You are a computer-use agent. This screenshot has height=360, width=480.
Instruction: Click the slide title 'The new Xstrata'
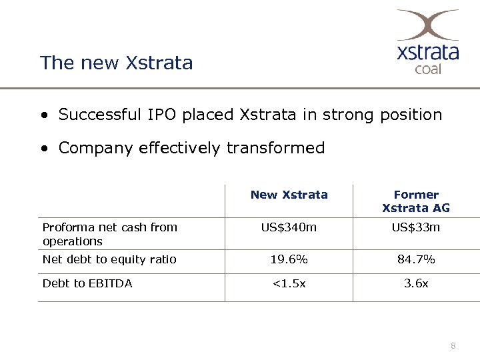coord(116,63)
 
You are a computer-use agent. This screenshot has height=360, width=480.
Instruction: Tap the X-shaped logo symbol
coord(427,25)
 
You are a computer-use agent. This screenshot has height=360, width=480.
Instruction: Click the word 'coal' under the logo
coord(428,68)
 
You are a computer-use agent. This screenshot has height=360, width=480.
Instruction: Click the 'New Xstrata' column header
coord(289,195)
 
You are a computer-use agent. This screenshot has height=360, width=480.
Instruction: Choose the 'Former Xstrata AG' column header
coord(416,201)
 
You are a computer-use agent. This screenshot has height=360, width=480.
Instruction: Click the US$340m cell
coord(289,227)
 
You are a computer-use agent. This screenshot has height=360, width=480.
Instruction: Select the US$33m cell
coord(416,227)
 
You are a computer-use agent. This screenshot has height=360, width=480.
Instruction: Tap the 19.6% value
coord(289,259)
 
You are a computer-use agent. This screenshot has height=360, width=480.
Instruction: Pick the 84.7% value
coord(416,259)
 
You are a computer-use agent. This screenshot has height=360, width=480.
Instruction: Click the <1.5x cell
coord(289,283)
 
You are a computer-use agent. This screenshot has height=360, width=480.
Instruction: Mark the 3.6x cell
coord(416,283)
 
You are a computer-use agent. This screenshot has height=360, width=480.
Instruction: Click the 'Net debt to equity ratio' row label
coord(109,259)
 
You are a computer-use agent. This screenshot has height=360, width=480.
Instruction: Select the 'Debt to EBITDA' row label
coord(87,283)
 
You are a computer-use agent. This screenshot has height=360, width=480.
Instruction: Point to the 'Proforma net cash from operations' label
coord(109,234)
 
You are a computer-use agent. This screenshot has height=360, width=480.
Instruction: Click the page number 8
coord(453,345)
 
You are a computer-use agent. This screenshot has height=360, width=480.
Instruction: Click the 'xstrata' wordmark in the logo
coord(428,51)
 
